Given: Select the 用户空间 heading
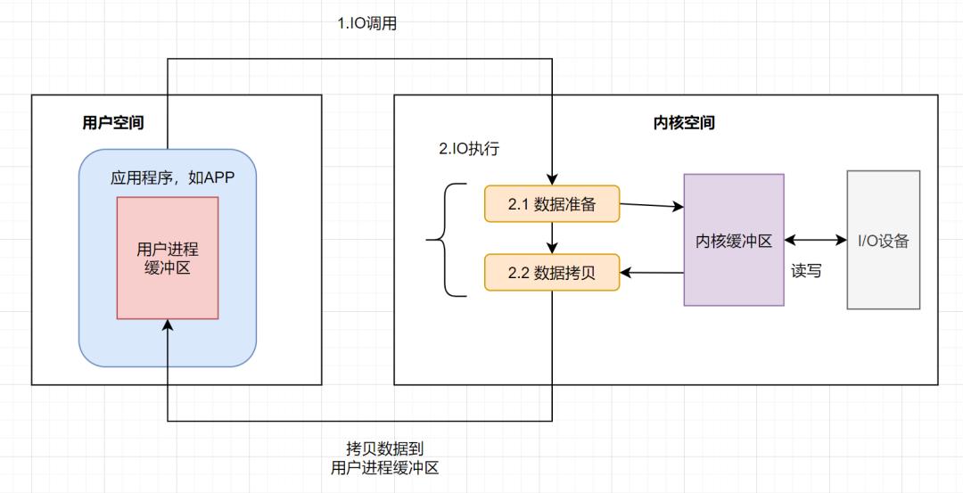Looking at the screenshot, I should click(x=112, y=123).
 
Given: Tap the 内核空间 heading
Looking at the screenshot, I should click(x=684, y=123).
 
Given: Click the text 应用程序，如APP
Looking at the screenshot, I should click(x=171, y=177).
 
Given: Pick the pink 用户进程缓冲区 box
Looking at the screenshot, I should click(x=168, y=258).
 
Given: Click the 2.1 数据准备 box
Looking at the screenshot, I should click(x=551, y=204).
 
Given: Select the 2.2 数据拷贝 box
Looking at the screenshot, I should click(x=551, y=273).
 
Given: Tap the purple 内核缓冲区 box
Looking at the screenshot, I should click(x=733, y=240).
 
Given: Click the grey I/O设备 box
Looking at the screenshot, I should click(x=883, y=240).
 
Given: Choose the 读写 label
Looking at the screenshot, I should click(x=806, y=271).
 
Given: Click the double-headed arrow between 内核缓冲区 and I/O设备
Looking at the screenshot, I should click(x=815, y=240).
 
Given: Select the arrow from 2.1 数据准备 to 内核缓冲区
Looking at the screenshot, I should click(x=651, y=206).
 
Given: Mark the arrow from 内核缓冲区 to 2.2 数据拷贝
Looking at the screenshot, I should click(x=652, y=272).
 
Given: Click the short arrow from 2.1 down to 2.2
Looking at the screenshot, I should click(x=554, y=238).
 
